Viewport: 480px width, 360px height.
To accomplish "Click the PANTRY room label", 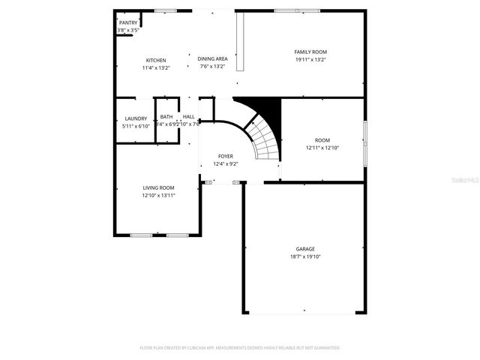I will pyautogui.click(x=128, y=22).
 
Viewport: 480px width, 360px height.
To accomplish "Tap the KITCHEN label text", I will pyautogui.click(x=156, y=60).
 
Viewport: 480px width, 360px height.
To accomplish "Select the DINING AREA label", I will pyautogui.click(x=213, y=58).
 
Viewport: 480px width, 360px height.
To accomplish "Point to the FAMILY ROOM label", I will pyautogui.click(x=310, y=51).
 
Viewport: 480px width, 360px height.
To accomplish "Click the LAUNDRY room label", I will pyautogui.click(x=136, y=118).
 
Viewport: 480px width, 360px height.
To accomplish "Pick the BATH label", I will pyautogui.click(x=166, y=117).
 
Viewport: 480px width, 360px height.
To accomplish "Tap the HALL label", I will pyautogui.click(x=189, y=117).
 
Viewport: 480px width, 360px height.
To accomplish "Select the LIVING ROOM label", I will pyautogui.click(x=159, y=187).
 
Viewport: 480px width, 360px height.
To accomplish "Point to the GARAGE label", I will pyautogui.click(x=305, y=248).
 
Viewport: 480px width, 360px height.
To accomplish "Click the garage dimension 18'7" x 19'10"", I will pyautogui.click(x=305, y=256).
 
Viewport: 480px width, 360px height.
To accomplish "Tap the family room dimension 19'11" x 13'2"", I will pyautogui.click(x=310, y=59).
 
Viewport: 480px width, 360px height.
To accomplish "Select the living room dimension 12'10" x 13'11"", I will pyautogui.click(x=159, y=195).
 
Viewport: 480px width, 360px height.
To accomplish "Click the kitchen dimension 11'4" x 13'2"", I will pyautogui.click(x=156, y=67).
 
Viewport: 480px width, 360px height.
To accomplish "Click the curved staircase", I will pyautogui.click(x=264, y=139).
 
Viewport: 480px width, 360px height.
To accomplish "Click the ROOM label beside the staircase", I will pyautogui.click(x=322, y=140).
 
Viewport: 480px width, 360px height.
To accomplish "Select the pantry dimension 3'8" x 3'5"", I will pyautogui.click(x=128, y=30).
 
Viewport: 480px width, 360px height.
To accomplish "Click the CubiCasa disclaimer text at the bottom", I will pyautogui.click(x=240, y=348).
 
